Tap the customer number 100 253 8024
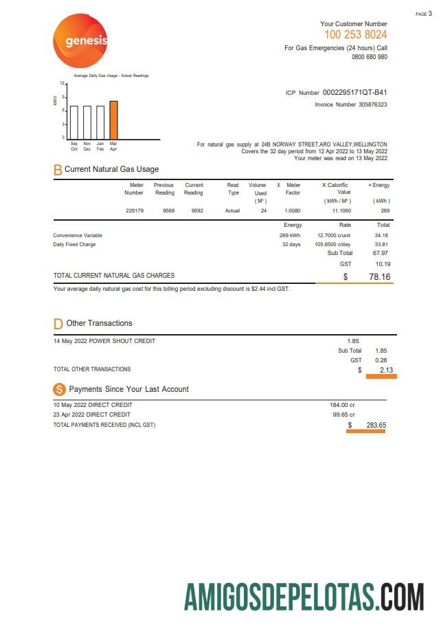tap(355, 34)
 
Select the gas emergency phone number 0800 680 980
tap(370, 57)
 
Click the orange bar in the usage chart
tap(113, 120)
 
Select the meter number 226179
tap(135, 210)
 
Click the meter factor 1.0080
tap(293, 210)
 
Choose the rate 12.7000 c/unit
tap(335, 235)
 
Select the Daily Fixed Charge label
tap(74, 244)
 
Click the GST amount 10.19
tap(383, 263)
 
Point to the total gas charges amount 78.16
tap(379, 277)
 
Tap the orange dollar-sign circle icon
tap(59, 389)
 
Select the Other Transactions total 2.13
tap(386, 370)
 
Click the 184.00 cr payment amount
tap(342, 405)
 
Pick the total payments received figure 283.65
tap(376, 425)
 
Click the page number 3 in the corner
tap(430, 14)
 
